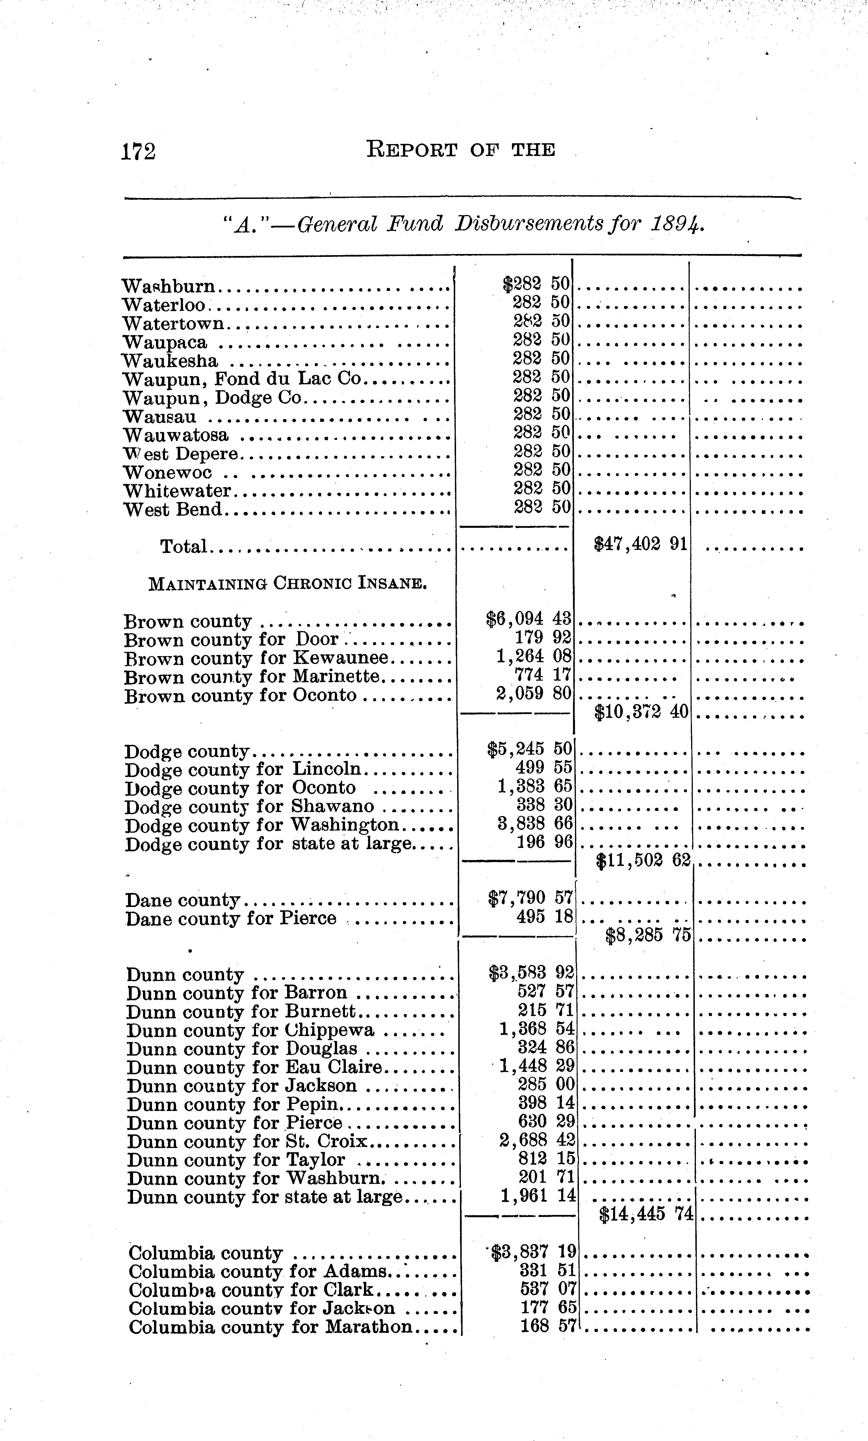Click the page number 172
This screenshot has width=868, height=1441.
point(139,151)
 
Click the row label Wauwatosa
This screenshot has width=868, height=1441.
point(176,436)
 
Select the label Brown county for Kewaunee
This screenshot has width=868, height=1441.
point(257,659)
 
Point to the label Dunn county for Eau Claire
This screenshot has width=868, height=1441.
point(254,1068)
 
